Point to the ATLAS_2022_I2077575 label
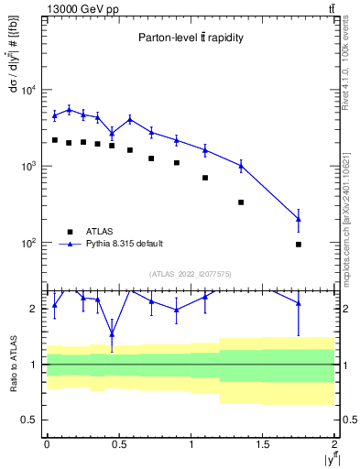coord(190,273)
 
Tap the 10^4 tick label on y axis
coord(28,90)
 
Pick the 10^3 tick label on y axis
coord(28,167)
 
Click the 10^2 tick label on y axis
coord(28,244)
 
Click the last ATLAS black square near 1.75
coord(299,245)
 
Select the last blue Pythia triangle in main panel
coord(299,218)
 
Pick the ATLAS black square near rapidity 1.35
coord(241,202)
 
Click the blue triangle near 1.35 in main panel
coord(241,165)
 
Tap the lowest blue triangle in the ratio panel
coord(112,333)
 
